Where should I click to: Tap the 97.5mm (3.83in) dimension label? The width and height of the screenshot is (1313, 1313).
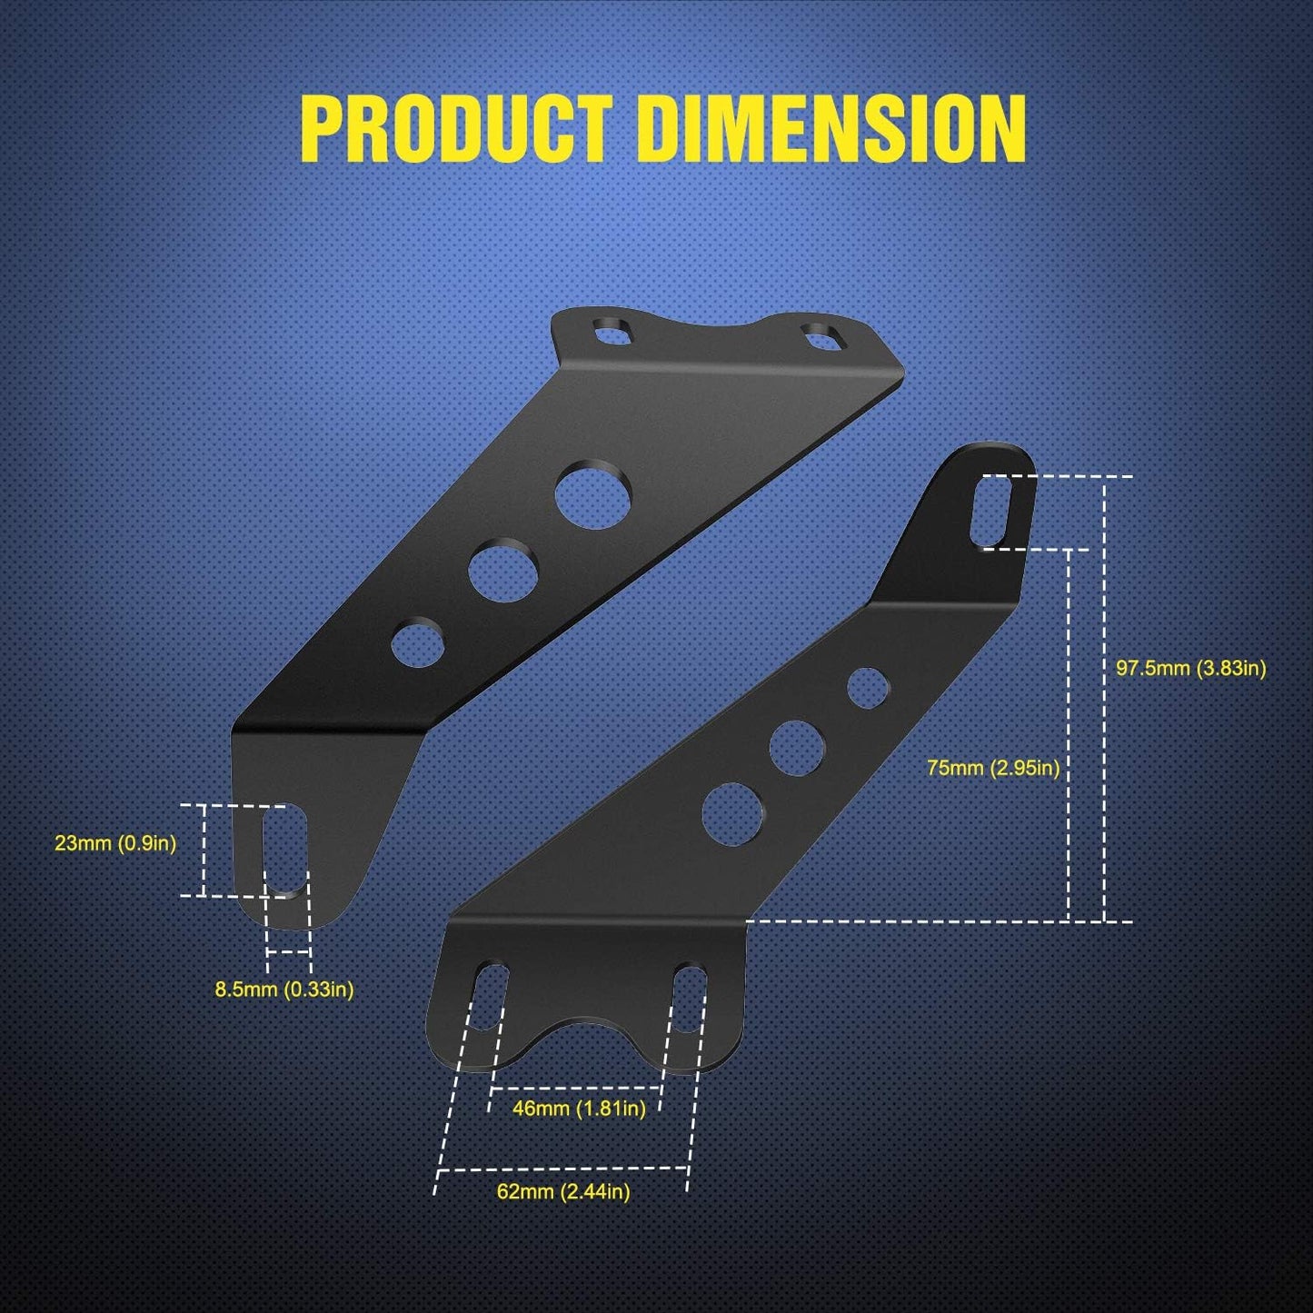click(1190, 669)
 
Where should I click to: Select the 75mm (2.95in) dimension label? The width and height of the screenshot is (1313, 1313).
click(993, 768)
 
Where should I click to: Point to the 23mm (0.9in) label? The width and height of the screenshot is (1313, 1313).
click(115, 843)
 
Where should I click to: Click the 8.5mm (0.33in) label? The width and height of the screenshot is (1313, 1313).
click(283, 990)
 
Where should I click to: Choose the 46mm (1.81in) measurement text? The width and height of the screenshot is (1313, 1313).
click(579, 1109)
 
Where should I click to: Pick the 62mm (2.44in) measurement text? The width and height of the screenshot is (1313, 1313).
click(563, 1191)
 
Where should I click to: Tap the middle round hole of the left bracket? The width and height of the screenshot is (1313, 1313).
click(503, 572)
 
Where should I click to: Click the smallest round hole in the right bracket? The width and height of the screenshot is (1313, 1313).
click(868, 687)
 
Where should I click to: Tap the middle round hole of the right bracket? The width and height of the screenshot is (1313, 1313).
click(797, 748)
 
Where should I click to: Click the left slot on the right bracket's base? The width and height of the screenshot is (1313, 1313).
click(492, 994)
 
